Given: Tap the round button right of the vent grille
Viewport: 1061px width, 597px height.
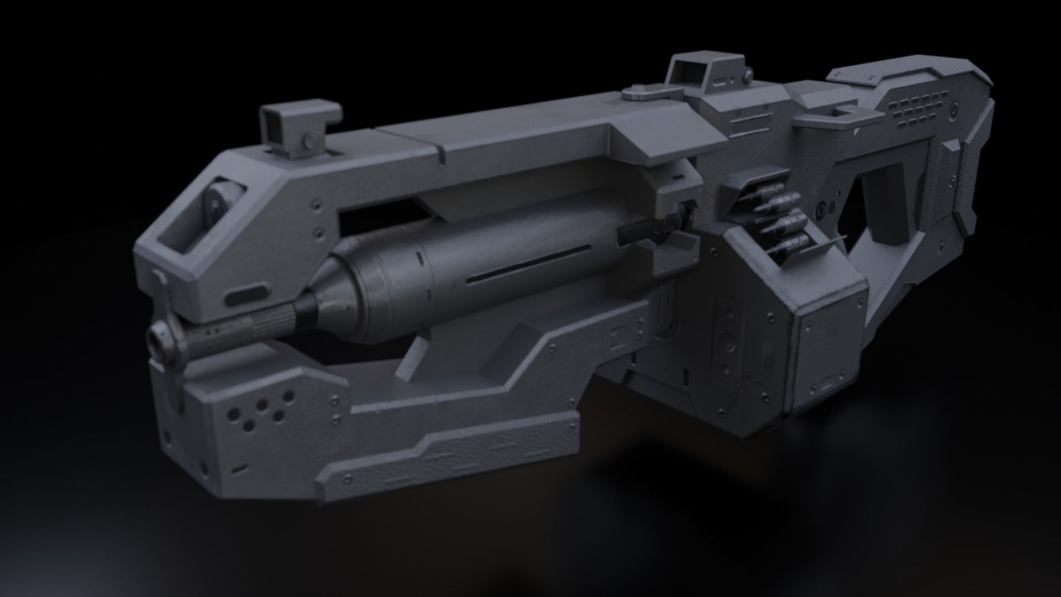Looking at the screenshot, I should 966,111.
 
